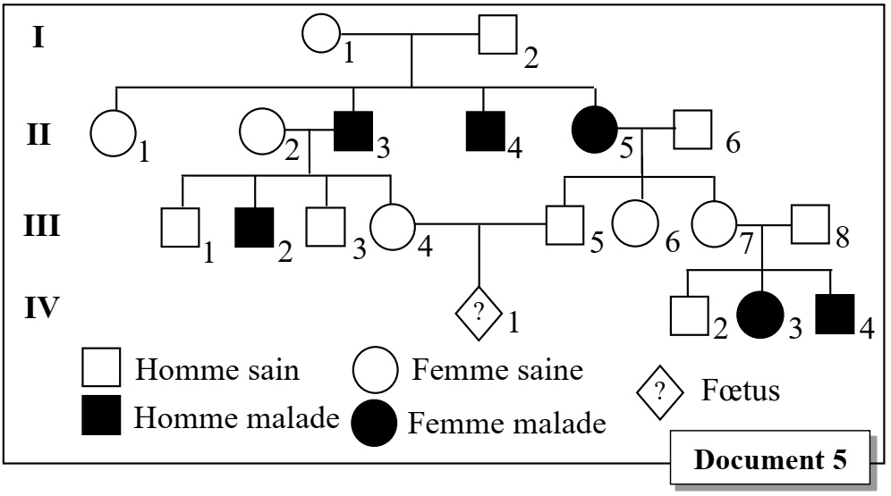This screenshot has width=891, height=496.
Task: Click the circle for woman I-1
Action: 319,35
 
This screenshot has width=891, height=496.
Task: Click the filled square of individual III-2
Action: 254,227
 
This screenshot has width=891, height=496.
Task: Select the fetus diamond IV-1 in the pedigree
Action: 478,312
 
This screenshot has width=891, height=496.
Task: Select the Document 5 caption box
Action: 771,462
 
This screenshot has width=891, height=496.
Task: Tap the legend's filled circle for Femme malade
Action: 373,420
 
